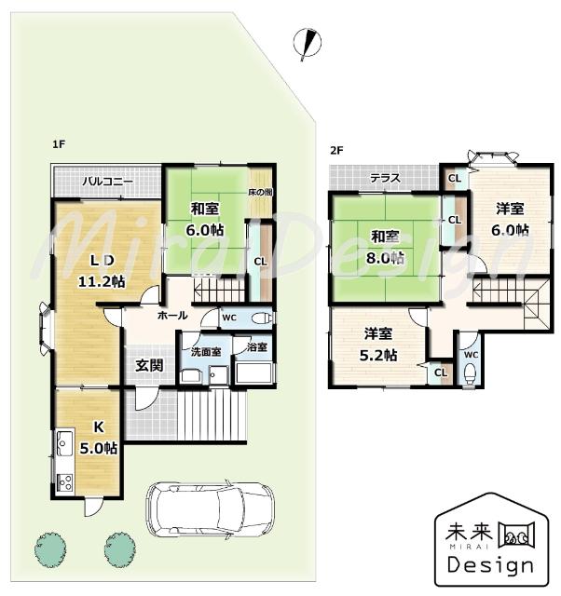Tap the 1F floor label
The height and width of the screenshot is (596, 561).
58,144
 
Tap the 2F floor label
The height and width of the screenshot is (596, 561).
336,150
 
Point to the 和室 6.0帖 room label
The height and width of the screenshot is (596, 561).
205,218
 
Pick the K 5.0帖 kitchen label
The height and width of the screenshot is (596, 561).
97,438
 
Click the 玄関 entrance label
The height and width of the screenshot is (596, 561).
149,364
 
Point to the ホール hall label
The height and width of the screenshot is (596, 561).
171,317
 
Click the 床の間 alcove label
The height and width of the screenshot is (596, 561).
260,192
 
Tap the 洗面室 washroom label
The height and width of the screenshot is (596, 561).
205,352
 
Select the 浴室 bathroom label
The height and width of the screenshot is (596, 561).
256,348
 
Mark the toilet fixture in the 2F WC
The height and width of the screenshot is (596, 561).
470,373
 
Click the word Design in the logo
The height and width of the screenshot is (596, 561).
490,565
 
